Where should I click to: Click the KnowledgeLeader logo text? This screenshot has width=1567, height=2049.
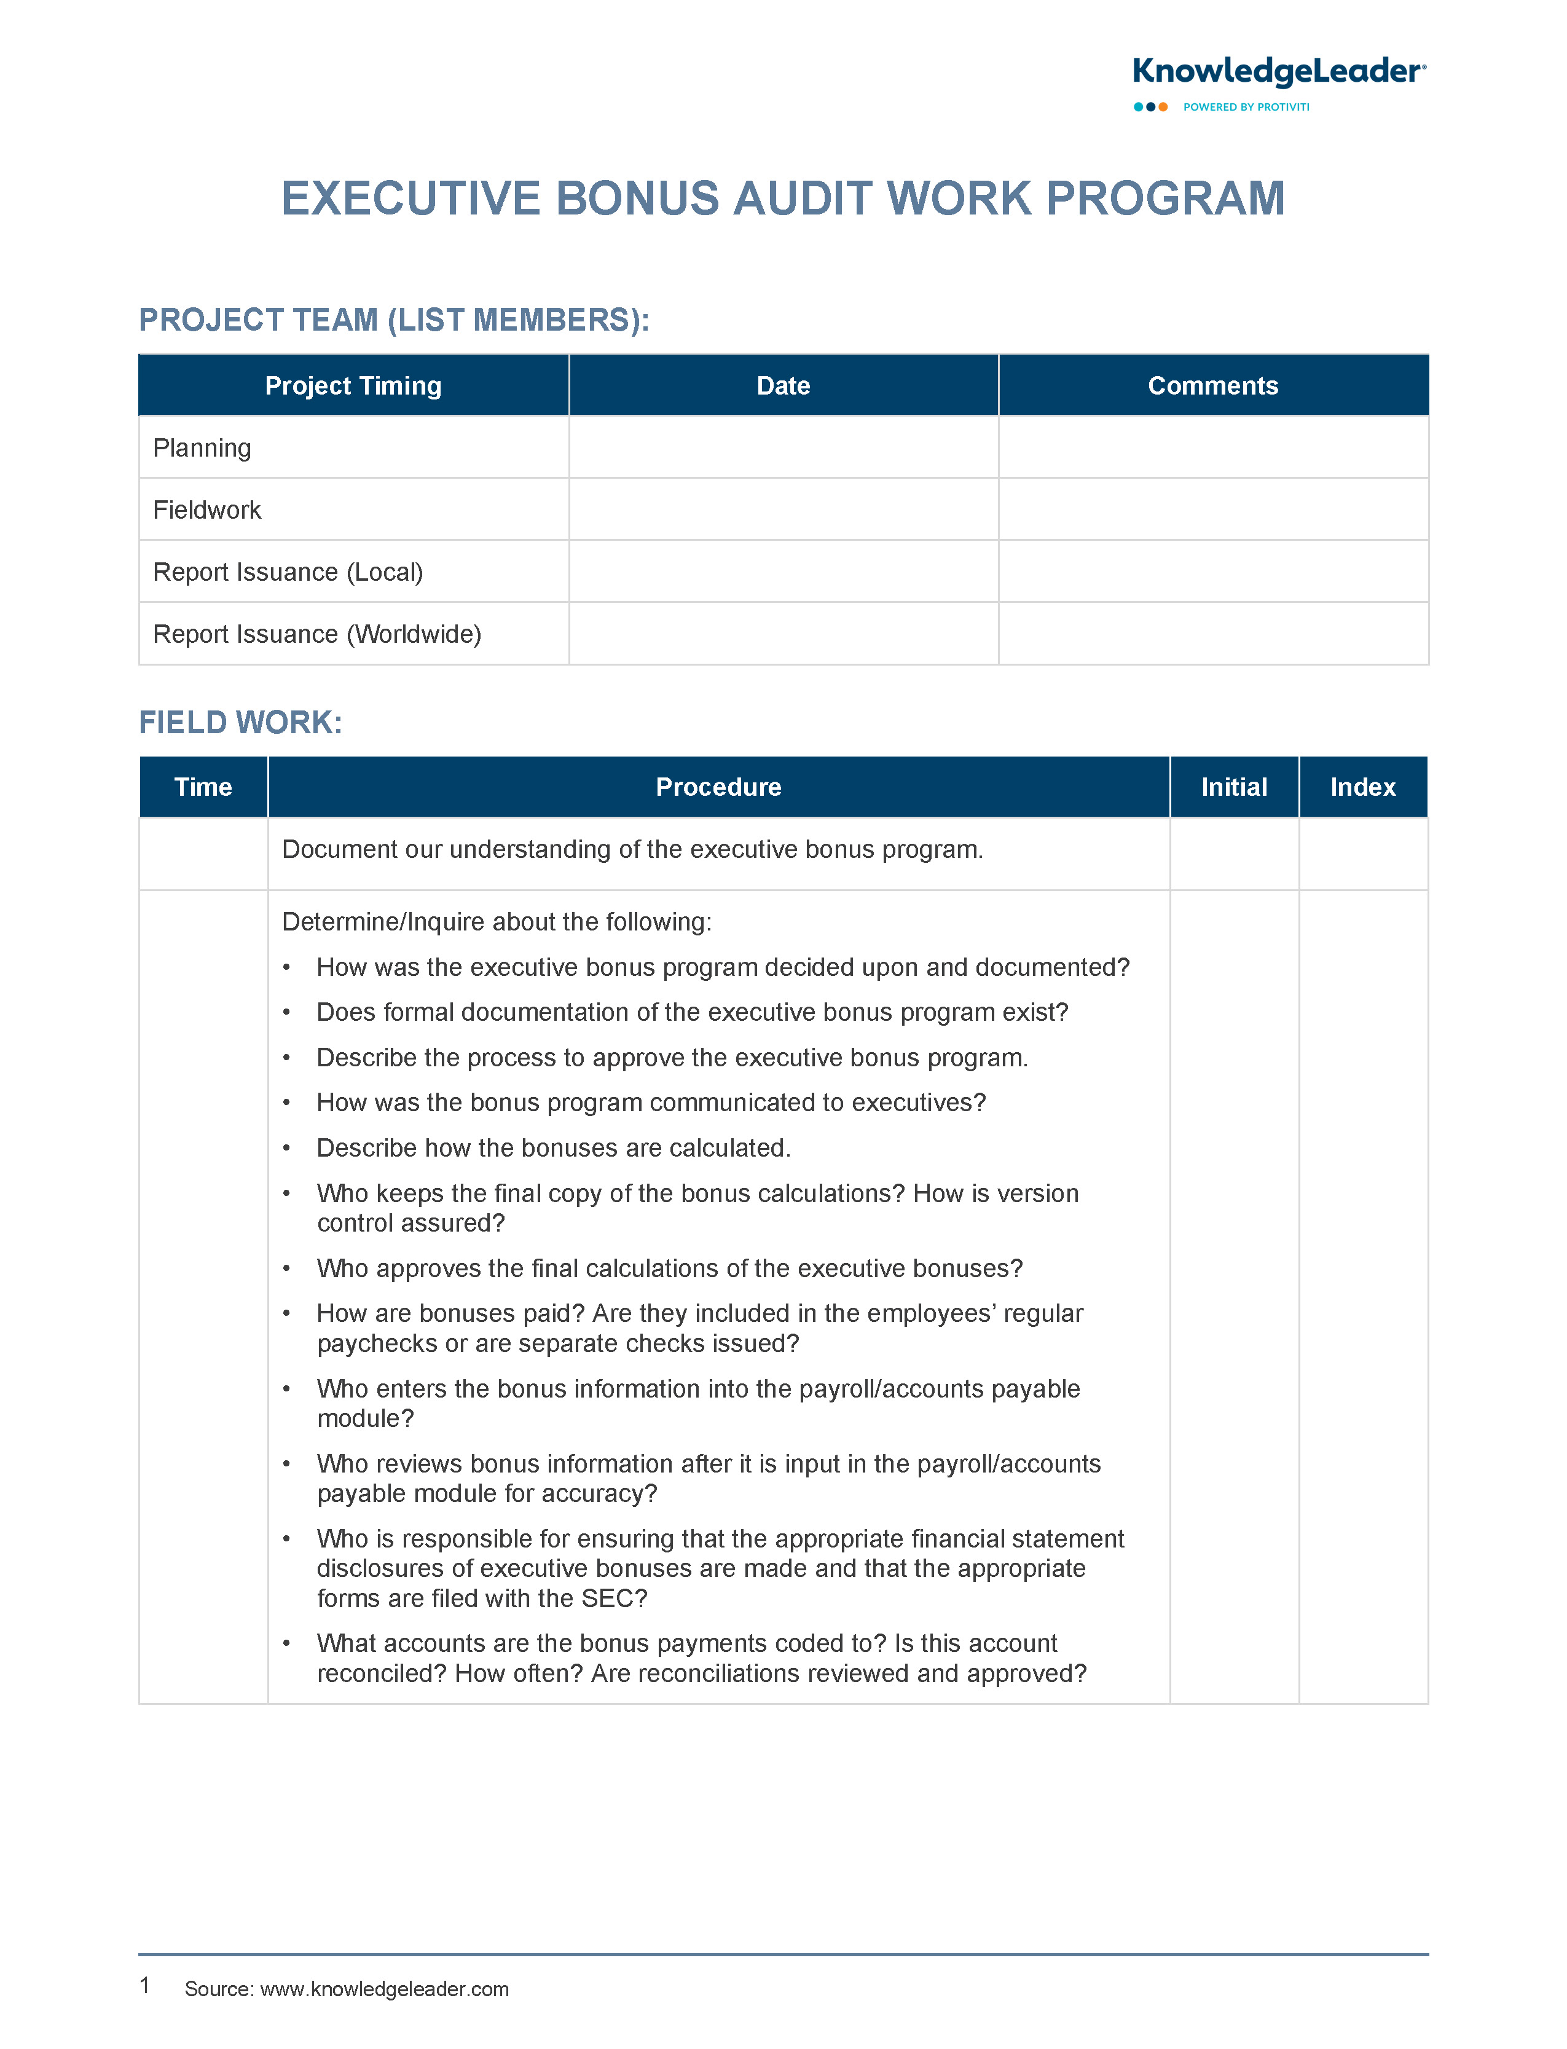click(x=1278, y=72)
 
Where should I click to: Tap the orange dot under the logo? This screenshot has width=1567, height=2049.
click(x=1163, y=108)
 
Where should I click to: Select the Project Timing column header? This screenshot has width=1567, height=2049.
click(x=353, y=385)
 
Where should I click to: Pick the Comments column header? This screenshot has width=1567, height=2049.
click(x=1212, y=385)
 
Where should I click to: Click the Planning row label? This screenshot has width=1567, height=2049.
click(x=202, y=447)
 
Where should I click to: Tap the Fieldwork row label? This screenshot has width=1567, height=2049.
click(x=207, y=510)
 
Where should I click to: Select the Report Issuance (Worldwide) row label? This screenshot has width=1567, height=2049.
click(x=317, y=634)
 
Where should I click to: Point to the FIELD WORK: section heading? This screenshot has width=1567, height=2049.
click(x=241, y=722)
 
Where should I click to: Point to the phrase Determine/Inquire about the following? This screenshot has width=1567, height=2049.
click(x=497, y=921)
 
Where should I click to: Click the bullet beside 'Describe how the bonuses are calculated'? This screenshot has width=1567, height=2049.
click(x=286, y=1148)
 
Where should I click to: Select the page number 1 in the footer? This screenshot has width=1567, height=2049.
click(x=144, y=1984)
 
